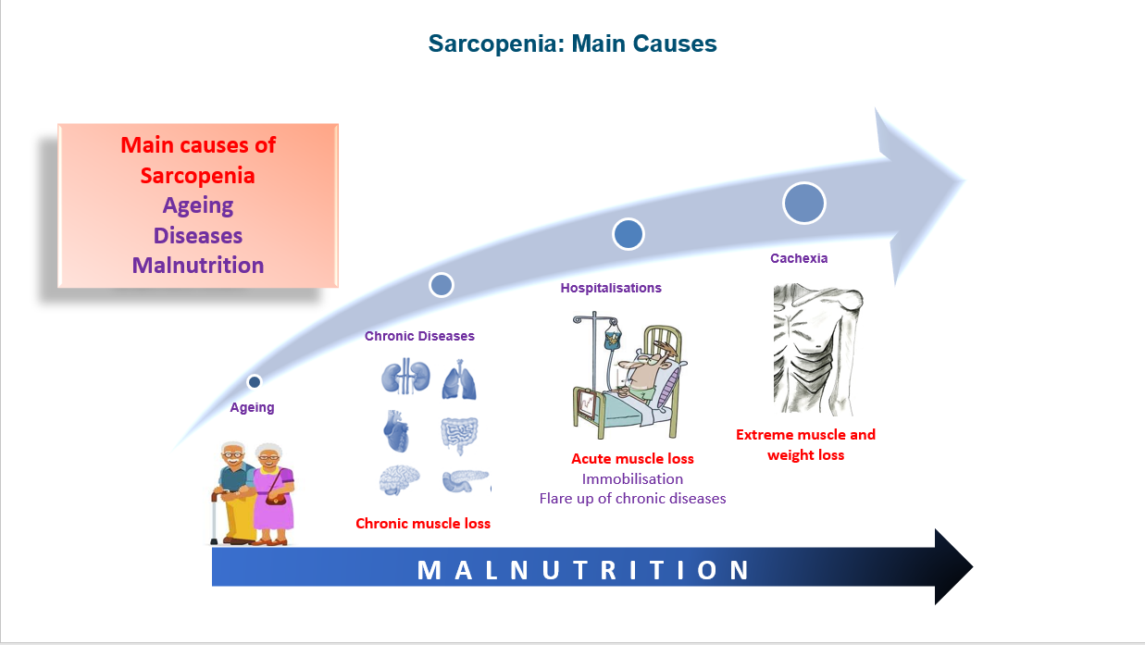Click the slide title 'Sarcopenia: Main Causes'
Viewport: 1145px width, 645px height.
572,43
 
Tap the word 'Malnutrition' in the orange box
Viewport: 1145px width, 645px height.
198,265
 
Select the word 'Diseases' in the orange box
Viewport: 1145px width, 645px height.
198,235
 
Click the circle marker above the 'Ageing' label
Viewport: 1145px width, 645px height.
255,381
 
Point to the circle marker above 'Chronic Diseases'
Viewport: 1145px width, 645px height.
442,285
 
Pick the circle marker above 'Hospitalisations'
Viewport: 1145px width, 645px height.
628,234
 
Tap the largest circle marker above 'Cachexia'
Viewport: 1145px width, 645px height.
803,203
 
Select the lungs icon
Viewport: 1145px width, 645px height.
459,379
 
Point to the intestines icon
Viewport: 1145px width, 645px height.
459,433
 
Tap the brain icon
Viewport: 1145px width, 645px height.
400,479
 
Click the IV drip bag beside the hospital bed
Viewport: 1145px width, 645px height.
611,338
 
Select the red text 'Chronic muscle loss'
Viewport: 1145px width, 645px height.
423,524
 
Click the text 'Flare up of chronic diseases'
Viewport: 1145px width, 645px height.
632,499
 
